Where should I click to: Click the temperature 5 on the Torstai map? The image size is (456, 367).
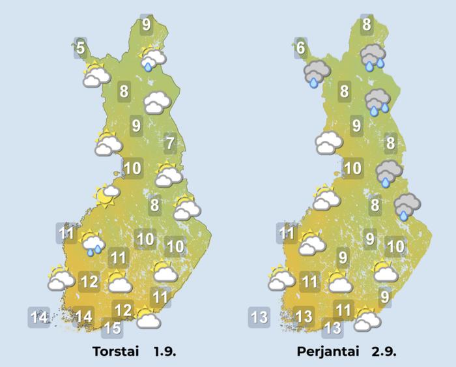coord(80,48)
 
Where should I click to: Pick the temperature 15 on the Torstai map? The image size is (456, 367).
coord(112,327)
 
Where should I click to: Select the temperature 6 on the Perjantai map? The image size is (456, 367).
coord(300,48)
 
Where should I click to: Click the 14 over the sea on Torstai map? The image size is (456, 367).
coord(40,318)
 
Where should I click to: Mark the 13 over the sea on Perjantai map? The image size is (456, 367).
coord(259,318)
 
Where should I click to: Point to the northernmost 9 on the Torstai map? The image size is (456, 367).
coord(146,24)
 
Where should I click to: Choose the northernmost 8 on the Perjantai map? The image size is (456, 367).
coord(367,25)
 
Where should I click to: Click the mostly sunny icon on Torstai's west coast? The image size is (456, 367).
coord(107,194)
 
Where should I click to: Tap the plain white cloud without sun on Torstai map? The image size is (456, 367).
coord(157,102)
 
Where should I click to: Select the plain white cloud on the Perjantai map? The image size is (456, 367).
coord(328,141)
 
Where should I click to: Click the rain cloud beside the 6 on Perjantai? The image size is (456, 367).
coord(317,72)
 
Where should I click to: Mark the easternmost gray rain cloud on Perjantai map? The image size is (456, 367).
coord(406,206)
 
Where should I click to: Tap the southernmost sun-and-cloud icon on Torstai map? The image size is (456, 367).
coord(149,317)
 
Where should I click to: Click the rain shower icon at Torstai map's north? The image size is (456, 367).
coord(152,58)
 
